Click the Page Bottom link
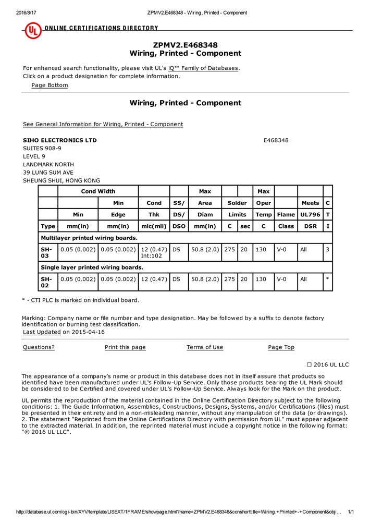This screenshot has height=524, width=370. tap(50, 85)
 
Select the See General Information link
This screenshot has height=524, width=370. tap(103, 124)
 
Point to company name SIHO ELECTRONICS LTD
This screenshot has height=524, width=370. tap(60, 140)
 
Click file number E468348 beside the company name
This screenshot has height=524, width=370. tap(276, 140)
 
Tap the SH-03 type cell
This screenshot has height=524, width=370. tap(47, 253)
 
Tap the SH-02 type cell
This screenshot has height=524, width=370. tap(47, 282)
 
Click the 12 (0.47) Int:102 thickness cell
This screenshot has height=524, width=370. tap(154, 253)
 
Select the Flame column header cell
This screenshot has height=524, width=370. tap(286, 214)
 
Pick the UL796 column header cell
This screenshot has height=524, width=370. tap(310, 214)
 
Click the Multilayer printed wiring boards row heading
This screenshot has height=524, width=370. tap(89, 238)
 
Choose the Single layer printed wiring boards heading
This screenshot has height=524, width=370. tap(92, 267)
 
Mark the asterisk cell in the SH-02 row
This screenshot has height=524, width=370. tap(327, 279)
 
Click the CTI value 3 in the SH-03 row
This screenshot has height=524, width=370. tap(327, 250)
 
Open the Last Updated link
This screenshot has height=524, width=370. tap(42, 332)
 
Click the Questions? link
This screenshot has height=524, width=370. tap(39, 347)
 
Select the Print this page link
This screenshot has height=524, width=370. tap(125, 347)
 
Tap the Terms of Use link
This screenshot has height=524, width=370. tap(205, 347)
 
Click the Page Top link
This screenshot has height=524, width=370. tap(281, 347)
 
